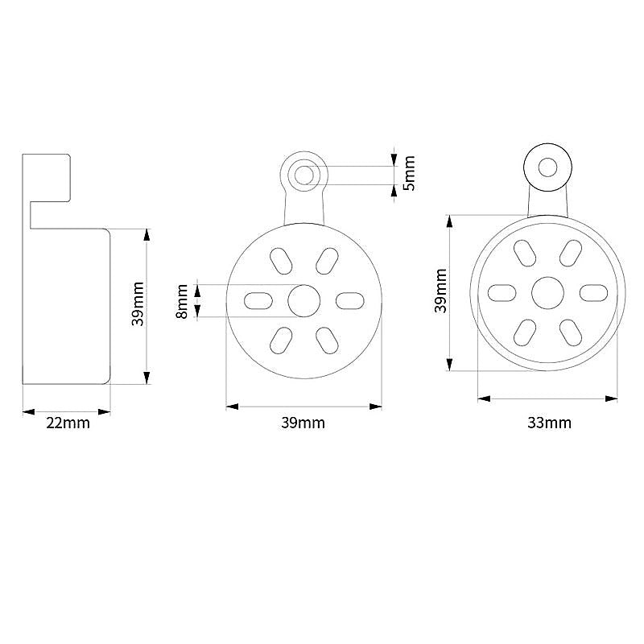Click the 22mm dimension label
(x=68, y=423)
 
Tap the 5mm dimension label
(x=409, y=173)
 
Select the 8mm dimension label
(x=182, y=301)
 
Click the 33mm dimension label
(x=549, y=423)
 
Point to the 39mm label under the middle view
(x=303, y=423)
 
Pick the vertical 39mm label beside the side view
(x=138, y=304)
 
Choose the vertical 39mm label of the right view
(x=440, y=291)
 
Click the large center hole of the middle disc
(x=304, y=300)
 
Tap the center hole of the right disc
(x=547, y=293)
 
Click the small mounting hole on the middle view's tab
(x=304, y=175)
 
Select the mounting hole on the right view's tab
(x=547, y=167)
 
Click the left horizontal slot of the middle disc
(x=258, y=300)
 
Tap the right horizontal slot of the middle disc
(x=350, y=300)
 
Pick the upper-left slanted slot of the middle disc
(x=281, y=261)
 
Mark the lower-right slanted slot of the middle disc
(x=327, y=341)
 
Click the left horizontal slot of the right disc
(x=502, y=293)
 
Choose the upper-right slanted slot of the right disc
(x=571, y=254)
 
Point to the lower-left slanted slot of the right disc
(x=525, y=332)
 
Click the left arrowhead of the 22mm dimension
(x=29, y=412)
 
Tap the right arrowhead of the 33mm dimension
(x=611, y=398)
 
